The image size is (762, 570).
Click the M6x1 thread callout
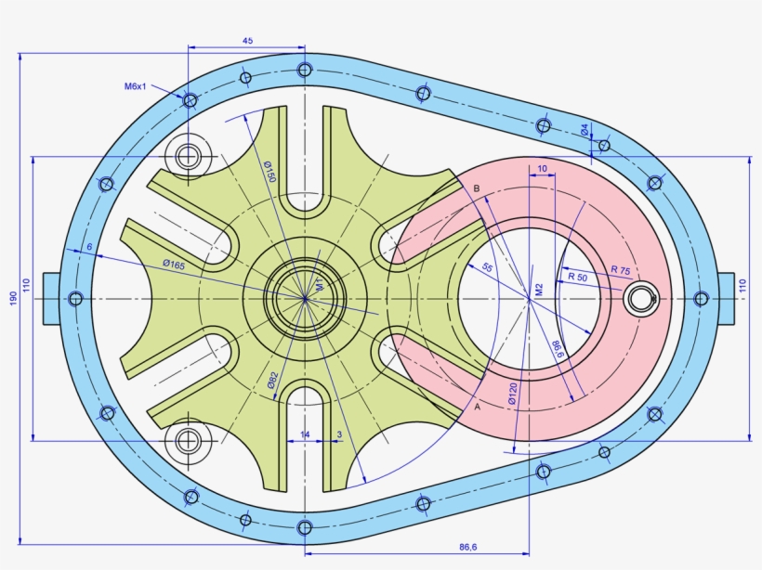click(x=136, y=86)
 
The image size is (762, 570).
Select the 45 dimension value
click(x=247, y=41)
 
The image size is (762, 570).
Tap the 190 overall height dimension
click(x=12, y=298)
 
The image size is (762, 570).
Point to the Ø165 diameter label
click(x=175, y=265)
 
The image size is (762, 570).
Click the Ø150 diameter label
click(x=269, y=171)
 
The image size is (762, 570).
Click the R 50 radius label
click(x=577, y=277)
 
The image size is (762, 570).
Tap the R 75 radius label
click(x=620, y=270)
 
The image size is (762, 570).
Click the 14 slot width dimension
click(x=305, y=434)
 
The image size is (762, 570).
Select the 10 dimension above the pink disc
click(x=543, y=168)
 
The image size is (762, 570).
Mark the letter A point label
click(x=477, y=407)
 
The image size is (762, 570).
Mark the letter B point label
click(x=477, y=188)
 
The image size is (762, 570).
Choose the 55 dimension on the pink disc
click(x=487, y=267)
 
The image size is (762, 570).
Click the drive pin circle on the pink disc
click(x=639, y=298)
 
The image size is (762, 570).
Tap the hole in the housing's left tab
click(x=76, y=298)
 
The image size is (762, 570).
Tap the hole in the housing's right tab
click(x=701, y=298)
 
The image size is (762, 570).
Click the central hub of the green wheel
click(x=305, y=298)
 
